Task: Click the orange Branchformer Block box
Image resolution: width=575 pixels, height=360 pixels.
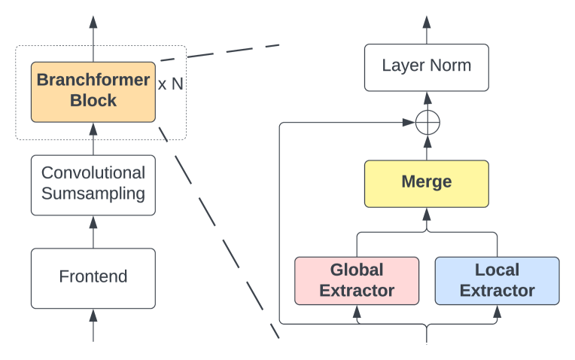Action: tap(93, 91)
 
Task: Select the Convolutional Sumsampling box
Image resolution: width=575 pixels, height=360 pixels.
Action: tap(93, 183)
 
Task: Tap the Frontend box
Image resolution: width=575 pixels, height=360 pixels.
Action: tap(93, 277)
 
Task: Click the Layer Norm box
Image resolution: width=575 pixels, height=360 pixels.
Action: tap(427, 66)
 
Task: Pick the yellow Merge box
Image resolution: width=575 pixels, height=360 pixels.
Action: tap(427, 183)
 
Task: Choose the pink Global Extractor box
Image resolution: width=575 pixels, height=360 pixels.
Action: tap(356, 280)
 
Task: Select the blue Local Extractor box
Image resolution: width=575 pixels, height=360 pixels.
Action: tap(497, 280)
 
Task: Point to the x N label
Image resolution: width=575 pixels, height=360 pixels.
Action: tap(171, 84)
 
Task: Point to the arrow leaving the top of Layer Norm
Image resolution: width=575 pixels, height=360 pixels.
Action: tap(427, 30)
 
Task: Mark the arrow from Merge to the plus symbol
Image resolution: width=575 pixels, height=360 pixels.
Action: tap(427, 148)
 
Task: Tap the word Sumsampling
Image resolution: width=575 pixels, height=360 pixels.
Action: tap(93, 194)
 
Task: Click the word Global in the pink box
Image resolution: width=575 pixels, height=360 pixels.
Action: tap(357, 270)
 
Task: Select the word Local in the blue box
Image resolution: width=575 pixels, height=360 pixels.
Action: tap(497, 270)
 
